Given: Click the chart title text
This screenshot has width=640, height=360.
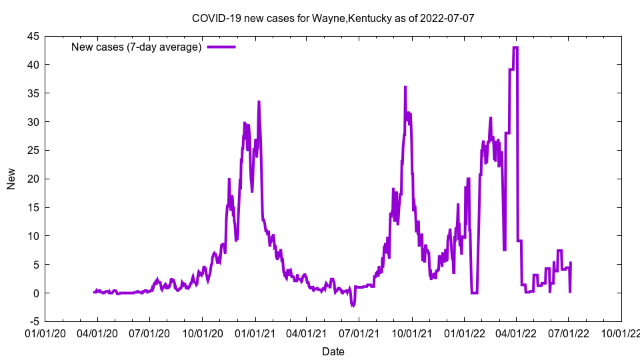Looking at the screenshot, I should pos(333,18).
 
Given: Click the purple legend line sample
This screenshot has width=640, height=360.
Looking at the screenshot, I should pos(221,47).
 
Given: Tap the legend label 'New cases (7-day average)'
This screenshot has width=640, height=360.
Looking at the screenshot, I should pos(137,47).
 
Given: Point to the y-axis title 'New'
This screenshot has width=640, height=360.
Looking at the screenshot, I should pos(11,179).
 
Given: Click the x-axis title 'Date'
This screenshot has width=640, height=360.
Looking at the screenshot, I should pos(333,351).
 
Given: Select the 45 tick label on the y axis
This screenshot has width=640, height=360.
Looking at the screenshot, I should pos(33,36).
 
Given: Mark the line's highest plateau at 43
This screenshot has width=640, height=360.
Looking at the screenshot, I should pos(515,47).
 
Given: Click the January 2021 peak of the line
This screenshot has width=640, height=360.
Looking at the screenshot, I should pos(259,102).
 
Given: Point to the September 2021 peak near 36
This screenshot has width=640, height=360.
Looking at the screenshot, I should pos(405,87).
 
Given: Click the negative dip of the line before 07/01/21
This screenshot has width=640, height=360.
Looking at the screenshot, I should pos(353,305).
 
